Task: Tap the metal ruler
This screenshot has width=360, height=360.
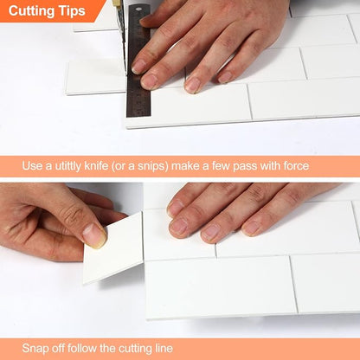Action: pos(138,61)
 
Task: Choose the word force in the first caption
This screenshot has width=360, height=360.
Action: pos(296,166)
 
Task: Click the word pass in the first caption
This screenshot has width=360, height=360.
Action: pos(245,167)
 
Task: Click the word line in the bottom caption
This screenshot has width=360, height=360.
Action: pos(164,348)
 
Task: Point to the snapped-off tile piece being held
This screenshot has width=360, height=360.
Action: pos(115,251)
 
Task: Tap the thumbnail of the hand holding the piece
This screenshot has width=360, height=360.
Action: pos(94,235)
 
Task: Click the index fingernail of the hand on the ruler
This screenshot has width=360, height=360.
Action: pos(138,67)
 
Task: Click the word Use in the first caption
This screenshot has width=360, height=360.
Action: pos(32,166)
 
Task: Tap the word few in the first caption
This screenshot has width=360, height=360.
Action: pos(222,166)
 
